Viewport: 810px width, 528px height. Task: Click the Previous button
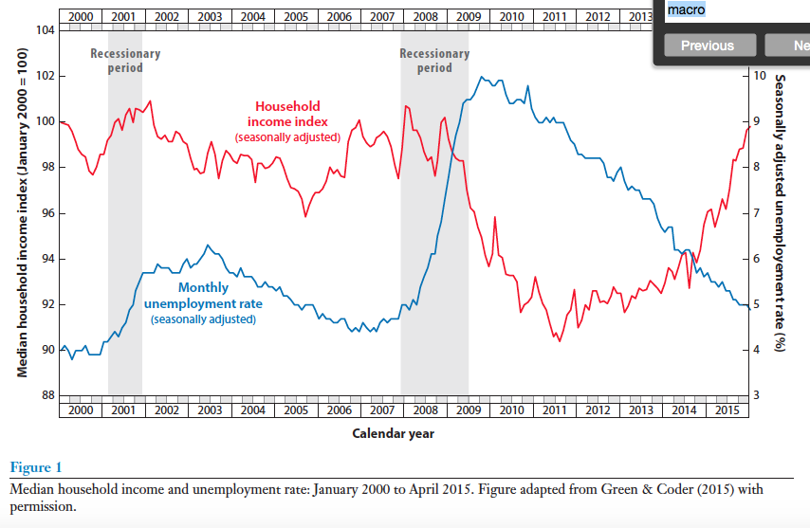(707, 46)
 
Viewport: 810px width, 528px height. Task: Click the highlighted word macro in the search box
(686, 9)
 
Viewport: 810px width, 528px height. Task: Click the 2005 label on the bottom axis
(296, 410)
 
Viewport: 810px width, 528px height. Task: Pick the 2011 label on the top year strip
(555, 17)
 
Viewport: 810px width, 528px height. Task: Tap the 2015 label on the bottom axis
(727, 410)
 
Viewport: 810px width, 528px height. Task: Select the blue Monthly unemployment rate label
(204, 295)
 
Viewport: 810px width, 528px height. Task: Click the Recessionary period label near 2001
(125, 61)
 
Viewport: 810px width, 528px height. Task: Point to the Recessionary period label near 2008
(434, 61)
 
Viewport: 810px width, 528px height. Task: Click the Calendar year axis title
(394, 433)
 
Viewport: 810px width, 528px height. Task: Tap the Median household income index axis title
(22, 213)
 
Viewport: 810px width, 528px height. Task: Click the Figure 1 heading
(35, 467)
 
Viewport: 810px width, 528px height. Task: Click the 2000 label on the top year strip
(81, 17)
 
